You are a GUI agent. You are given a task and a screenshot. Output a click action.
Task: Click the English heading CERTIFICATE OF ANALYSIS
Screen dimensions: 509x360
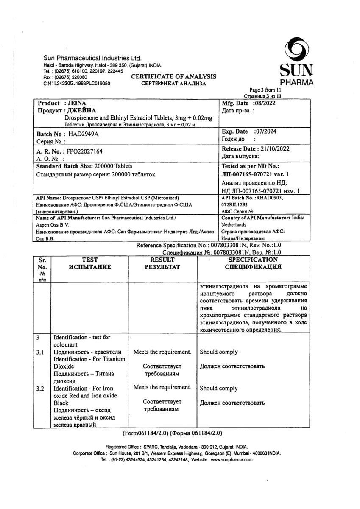[173, 77]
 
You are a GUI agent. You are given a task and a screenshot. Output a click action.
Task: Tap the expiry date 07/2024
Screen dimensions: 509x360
[265, 132]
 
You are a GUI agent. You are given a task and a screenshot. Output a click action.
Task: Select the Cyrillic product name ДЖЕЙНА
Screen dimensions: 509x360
[81, 110]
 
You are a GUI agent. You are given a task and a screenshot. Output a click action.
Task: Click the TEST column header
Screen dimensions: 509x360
[89, 260]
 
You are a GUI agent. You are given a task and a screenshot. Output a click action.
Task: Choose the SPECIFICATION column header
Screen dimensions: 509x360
[253, 260]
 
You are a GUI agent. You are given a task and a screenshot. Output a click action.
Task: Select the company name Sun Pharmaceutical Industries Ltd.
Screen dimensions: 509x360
[92, 58]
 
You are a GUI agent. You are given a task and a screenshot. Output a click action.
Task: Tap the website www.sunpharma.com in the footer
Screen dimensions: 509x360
[232, 459]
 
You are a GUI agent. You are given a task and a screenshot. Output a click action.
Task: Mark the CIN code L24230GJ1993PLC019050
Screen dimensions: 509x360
[82, 84]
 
